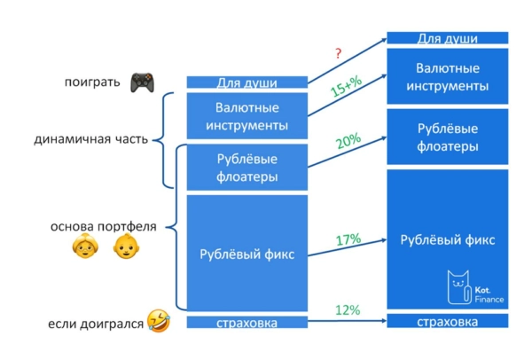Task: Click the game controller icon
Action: coord(141,82)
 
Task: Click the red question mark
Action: coord(338,55)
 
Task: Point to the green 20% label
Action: coord(348,140)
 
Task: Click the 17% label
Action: coord(348,239)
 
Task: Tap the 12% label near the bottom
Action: coord(348,309)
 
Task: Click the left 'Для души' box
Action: coord(246,82)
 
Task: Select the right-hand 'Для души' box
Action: coord(448,38)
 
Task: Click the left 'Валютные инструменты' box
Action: coord(246,116)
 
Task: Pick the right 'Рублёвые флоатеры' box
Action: coord(448,137)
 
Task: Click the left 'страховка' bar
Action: coord(246,323)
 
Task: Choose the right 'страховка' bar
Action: coord(448,321)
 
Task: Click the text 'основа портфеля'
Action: coord(104,226)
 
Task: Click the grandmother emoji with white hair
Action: coord(84,247)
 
